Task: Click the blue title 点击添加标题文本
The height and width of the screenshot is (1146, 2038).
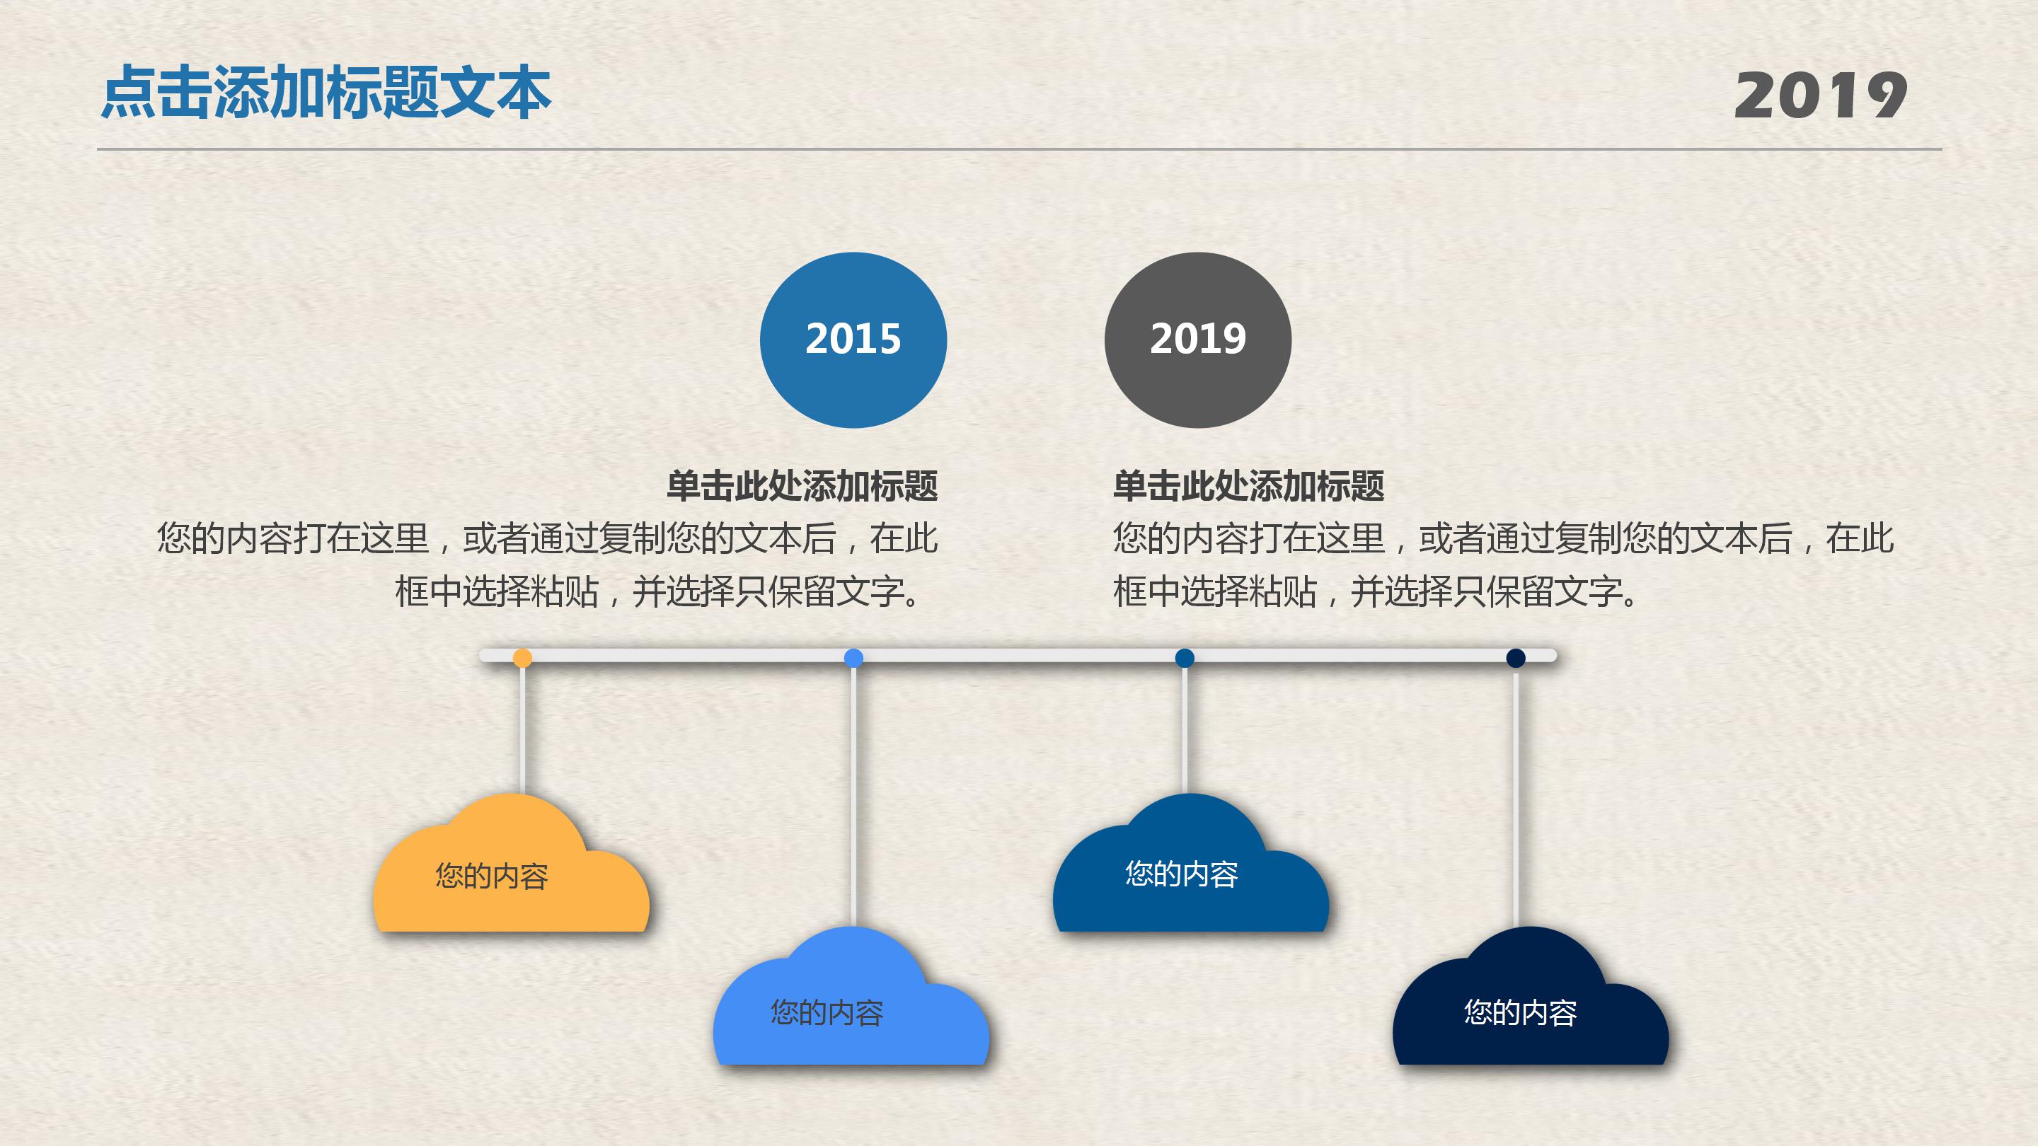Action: (326, 93)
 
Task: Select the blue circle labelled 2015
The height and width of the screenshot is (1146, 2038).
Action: (853, 340)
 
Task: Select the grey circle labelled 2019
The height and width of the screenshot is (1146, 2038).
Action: (1198, 340)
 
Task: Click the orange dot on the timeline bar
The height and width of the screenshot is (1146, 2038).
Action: (522, 658)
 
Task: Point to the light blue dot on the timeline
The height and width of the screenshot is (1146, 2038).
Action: (853, 658)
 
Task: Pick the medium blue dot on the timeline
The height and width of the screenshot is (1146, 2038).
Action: (1185, 658)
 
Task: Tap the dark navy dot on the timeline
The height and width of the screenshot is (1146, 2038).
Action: (1515, 658)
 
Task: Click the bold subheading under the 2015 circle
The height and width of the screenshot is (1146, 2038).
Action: (802, 485)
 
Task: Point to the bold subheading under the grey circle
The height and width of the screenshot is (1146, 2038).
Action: (1248, 485)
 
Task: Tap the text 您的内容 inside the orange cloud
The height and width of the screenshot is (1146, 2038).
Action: (491, 876)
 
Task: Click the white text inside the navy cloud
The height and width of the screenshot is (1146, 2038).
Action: (1520, 1013)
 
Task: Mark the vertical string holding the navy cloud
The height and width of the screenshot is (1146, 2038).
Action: (1515, 799)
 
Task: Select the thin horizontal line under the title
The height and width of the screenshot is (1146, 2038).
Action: (1019, 149)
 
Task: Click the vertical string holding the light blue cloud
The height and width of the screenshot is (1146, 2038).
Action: (853, 799)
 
